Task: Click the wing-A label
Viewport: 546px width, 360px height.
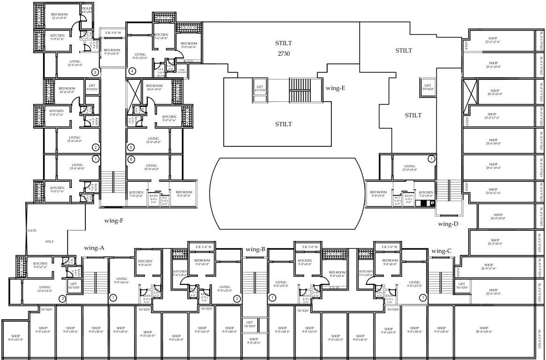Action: point(94,247)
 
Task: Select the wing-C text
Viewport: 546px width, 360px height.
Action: point(441,251)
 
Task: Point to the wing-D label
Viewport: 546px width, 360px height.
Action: point(448,224)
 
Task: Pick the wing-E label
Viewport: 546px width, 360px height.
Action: point(335,88)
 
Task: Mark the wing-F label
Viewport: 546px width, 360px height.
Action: point(113,220)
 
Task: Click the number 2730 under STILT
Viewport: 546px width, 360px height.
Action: point(284,53)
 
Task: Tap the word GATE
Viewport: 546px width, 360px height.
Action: point(32,231)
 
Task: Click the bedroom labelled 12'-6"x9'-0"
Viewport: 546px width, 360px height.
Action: point(60,16)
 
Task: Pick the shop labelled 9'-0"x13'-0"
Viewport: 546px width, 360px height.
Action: point(15,337)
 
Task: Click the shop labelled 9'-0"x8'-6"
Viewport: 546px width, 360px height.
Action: point(254,341)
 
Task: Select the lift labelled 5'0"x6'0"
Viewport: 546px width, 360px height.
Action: point(427,87)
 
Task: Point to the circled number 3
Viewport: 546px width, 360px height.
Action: point(95,72)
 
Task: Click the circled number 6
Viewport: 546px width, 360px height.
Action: point(131,159)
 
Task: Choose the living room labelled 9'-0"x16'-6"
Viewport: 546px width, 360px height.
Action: point(121,280)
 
